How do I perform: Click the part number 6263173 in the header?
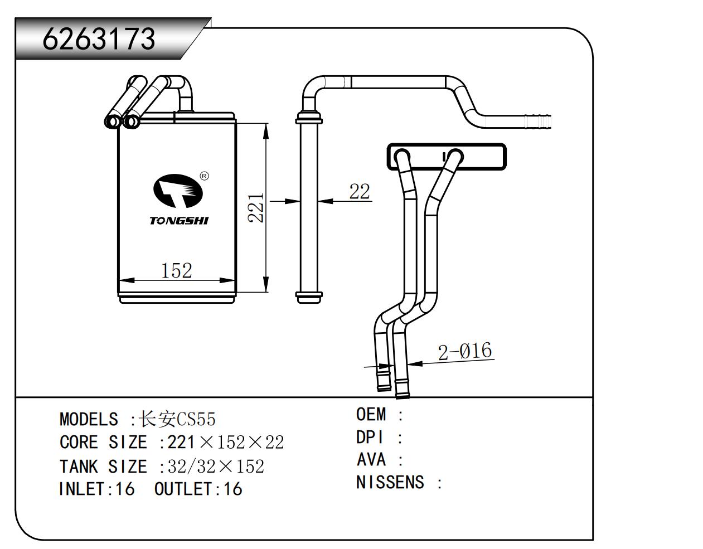click(99, 39)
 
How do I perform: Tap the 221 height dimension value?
click(255, 208)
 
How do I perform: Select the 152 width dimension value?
click(176, 270)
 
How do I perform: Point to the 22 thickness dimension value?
click(360, 191)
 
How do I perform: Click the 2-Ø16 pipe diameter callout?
click(464, 351)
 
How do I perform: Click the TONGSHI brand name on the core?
click(179, 221)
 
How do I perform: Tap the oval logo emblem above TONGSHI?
click(178, 191)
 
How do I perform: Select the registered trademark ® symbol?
click(205, 176)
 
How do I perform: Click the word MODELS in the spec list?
click(89, 419)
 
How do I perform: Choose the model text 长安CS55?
click(177, 419)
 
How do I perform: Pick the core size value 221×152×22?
click(225, 443)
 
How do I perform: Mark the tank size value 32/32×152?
click(216, 466)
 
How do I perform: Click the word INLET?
click(82, 489)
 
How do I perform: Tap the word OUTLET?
click(183, 489)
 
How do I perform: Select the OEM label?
click(371, 415)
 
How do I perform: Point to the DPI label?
click(370, 438)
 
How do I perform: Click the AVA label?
click(371, 459)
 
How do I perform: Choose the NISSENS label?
click(390, 483)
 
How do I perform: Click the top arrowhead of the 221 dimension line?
click(266, 130)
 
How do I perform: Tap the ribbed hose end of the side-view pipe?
click(537, 122)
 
